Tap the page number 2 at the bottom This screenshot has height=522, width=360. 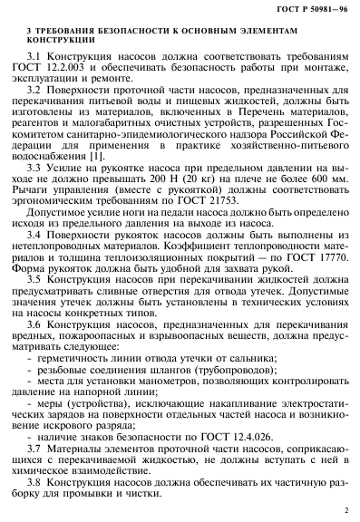point(345,509)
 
